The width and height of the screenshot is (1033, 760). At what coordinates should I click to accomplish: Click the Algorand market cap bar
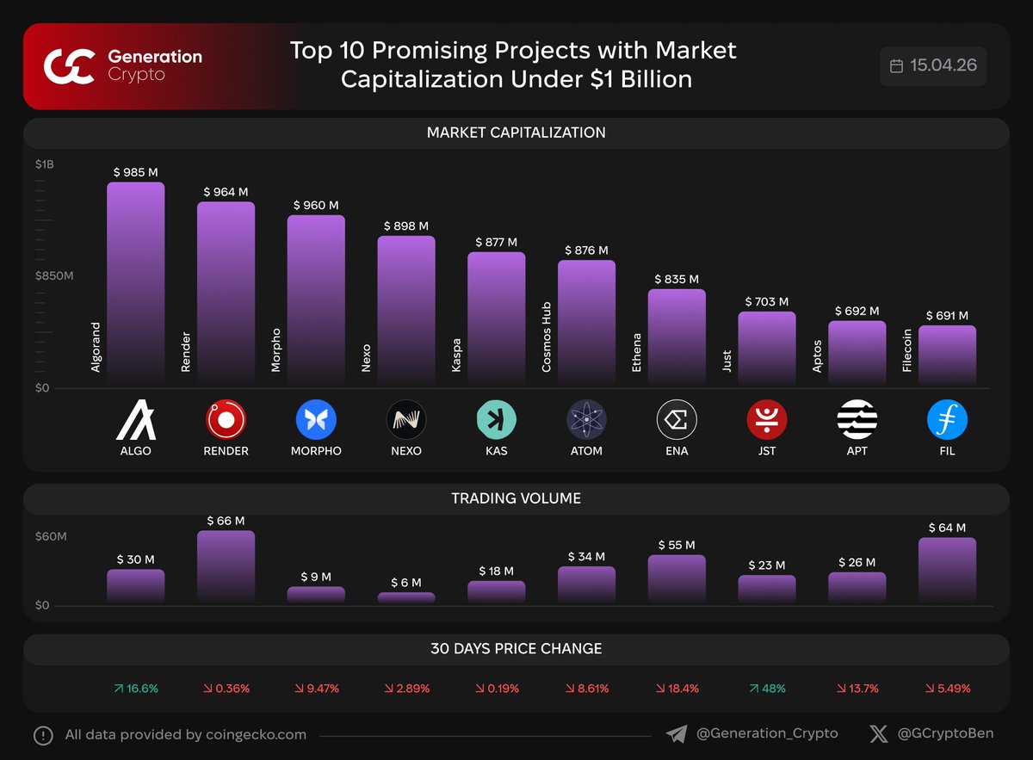135,284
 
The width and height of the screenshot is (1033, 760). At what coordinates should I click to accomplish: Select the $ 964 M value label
226,192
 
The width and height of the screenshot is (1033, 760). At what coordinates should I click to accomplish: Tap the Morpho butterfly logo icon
316,420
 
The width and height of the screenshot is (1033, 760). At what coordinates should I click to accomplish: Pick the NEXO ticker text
405,451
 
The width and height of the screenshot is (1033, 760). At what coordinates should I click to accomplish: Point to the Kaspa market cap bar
496,318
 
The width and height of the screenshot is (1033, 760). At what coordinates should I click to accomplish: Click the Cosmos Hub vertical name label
547,337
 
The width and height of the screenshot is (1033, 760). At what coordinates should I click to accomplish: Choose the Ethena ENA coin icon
677,420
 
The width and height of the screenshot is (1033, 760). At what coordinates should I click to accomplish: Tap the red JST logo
766,420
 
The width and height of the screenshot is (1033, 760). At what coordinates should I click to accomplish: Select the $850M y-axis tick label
54,276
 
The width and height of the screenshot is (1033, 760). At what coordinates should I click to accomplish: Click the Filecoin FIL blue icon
947,420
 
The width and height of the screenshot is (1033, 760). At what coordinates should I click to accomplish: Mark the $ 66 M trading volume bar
226,566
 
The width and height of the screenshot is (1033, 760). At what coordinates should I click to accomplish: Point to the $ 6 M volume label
405,583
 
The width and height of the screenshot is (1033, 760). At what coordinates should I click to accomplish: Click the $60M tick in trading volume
50,537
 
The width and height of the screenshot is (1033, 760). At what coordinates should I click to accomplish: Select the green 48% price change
766,689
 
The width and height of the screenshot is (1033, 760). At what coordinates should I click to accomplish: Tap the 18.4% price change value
677,689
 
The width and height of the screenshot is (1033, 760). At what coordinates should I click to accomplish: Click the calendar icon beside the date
896,65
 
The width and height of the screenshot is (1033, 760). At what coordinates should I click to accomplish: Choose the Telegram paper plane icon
677,734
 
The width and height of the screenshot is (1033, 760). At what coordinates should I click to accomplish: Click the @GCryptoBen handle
945,734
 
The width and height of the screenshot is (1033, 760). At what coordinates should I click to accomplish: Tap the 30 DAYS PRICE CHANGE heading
516,649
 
